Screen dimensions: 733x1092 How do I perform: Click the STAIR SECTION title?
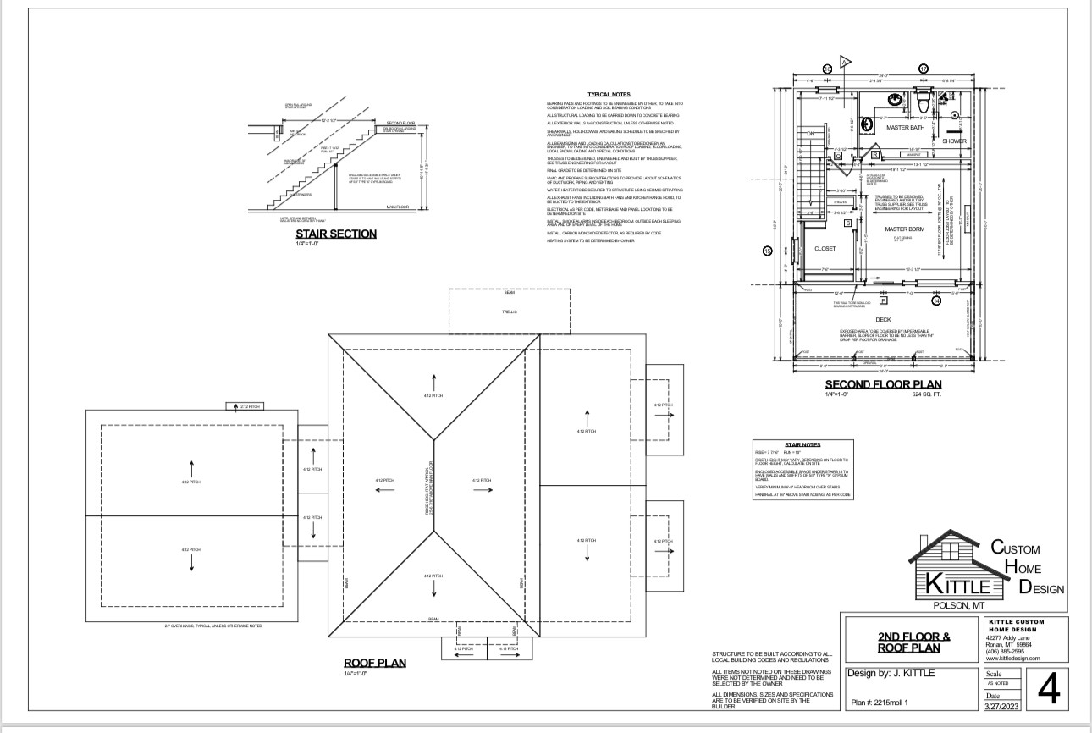point(335,234)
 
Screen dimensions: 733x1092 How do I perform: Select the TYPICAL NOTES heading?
point(608,94)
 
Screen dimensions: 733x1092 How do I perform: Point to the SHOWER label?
point(954,141)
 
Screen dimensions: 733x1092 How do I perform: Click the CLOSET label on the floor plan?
point(825,249)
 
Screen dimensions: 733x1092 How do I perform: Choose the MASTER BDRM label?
point(902,229)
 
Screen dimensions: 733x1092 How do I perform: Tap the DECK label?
point(883,320)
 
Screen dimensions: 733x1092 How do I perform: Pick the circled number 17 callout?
point(924,68)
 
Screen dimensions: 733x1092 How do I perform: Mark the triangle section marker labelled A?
point(844,62)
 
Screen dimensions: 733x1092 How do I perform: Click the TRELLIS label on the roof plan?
point(509,311)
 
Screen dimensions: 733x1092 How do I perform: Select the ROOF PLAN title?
point(374,663)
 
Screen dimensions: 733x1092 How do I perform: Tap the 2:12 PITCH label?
point(249,407)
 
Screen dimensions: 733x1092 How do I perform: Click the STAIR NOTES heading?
point(802,444)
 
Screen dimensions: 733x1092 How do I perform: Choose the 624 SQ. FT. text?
point(926,394)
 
